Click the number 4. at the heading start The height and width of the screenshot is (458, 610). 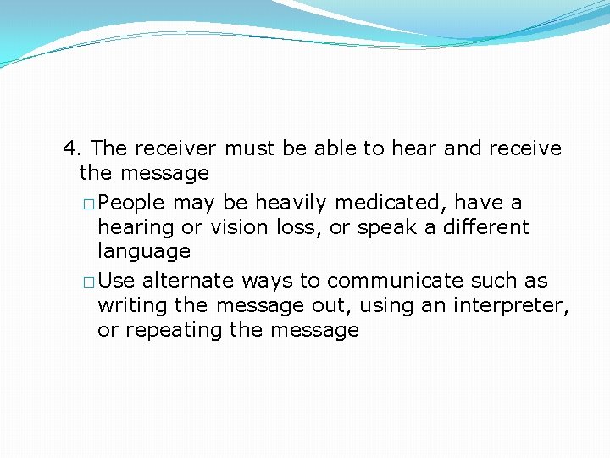pyautogui.click(x=73, y=148)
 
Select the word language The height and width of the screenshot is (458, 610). pyautogui.click(x=144, y=252)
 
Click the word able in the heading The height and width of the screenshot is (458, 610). pyautogui.click(x=335, y=148)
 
